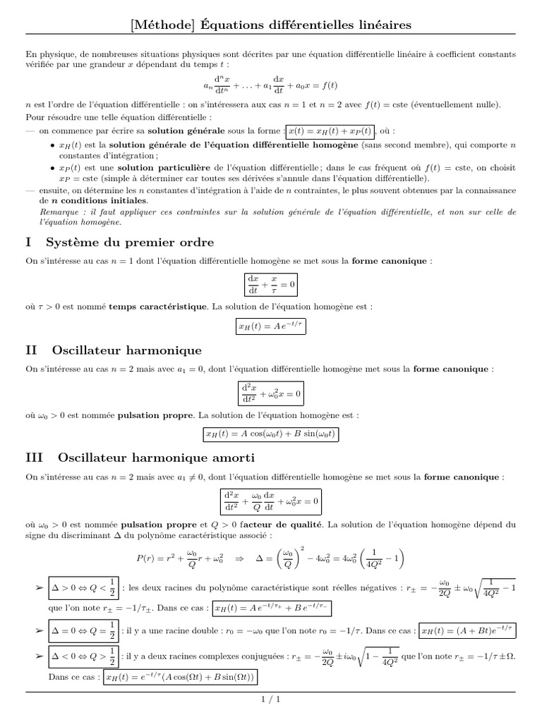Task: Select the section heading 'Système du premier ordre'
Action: [x=130, y=242]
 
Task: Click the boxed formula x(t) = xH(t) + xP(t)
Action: [x=330, y=131]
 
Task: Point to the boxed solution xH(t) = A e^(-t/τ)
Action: [x=271, y=327]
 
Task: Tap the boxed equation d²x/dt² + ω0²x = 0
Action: [x=271, y=393]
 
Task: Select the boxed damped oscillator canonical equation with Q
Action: [x=271, y=502]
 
